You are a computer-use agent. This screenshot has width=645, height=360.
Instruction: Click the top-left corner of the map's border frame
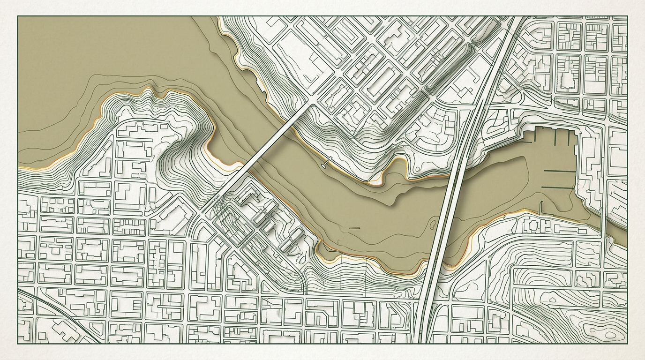pyautogui.click(x=18, y=16)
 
